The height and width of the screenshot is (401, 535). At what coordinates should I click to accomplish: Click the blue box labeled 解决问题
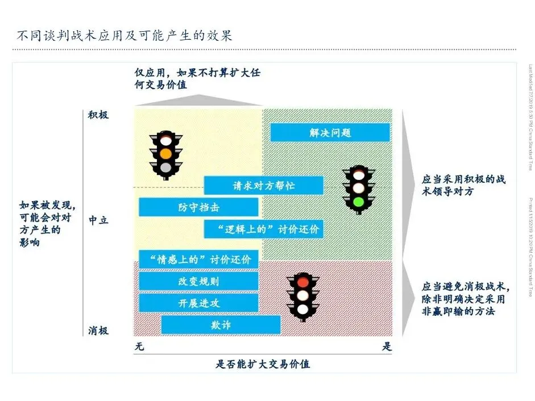click(x=330, y=133)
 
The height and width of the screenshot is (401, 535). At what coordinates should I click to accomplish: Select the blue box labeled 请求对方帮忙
click(x=263, y=186)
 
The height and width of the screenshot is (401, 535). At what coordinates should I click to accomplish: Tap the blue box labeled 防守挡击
click(x=198, y=207)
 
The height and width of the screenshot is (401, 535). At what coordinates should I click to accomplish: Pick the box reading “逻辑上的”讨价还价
click(x=263, y=229)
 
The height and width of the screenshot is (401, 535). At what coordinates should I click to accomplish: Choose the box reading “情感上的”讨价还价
click(x=198, y=260)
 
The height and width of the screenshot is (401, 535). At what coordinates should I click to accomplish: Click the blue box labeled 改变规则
click(x=198, y=281)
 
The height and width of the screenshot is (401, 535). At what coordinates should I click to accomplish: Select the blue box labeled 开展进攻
click(x=198, y=303)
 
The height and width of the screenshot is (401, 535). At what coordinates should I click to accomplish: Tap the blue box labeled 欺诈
click(x=221, y=325)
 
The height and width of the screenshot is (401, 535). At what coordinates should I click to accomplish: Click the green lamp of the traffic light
click(x=358, y=201)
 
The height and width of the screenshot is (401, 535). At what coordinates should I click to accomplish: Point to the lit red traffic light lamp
click(x=302, y=281)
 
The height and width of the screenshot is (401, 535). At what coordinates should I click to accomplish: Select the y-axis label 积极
click(x=98, y=115)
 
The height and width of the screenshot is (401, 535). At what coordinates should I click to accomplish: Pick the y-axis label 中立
click(x=98, y=220)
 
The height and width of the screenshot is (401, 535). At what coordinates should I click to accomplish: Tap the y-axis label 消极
click(x=98, y=331)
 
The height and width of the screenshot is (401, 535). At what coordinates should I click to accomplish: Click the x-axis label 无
click(x=139, y=347)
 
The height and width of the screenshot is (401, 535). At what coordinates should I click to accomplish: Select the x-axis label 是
click(x=387, y=347)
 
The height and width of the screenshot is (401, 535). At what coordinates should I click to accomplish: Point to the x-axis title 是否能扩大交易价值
click(x=263, y=364)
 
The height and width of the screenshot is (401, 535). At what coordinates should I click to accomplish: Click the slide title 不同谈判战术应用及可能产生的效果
click(x=124, y=36)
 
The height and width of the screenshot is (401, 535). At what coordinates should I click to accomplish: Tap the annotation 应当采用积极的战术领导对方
click(x=463, y=186)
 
